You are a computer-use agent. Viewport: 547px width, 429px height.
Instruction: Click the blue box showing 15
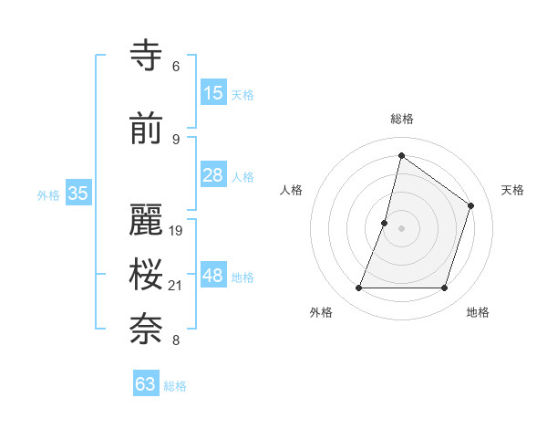click(x=213, y=93)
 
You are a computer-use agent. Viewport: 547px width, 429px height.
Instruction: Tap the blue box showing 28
click(x=213, y=175)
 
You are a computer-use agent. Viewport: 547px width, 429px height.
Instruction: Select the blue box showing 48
click(x=213, y=276)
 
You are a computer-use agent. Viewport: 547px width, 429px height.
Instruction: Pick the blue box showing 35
click(x=78, y=194)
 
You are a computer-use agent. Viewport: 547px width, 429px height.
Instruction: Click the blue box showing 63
click(x=146, y=384)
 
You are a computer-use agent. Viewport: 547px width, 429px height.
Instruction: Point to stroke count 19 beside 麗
click(x=177, y=231)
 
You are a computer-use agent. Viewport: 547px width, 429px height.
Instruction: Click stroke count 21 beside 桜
click(x=177, y=287)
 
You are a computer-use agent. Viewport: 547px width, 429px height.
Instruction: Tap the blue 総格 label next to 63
click(x=175, y=386)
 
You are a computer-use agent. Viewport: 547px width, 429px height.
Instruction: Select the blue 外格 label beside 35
click(x=48, y=194)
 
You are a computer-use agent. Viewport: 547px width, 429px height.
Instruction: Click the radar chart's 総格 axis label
click(x=401, y=119)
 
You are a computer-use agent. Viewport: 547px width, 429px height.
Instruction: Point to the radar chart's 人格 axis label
click(x=291, y=190)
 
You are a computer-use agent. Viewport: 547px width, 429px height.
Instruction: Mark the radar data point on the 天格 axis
click(x=471, y=205)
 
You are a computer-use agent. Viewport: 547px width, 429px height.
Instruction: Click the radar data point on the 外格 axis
click(x=358, y=288)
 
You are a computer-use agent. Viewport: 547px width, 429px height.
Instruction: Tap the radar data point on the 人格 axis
click(x=385, y=223)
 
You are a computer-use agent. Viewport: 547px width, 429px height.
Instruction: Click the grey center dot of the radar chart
click(x=401, y=228)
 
